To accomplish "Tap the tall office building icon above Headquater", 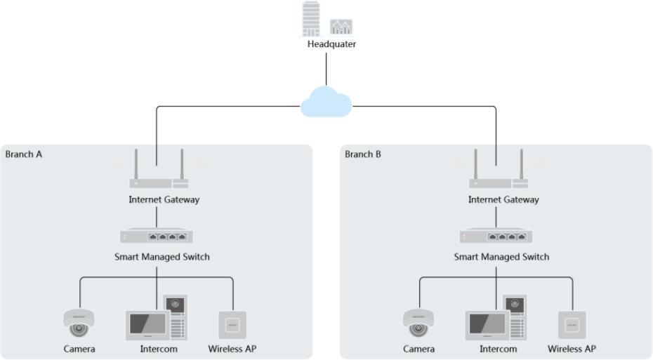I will click(309, 19).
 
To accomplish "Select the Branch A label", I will click(24, 154).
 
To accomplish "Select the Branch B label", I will click(363, 154).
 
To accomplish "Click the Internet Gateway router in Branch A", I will click(159, 181).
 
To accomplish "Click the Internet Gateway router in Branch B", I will click(499, 181).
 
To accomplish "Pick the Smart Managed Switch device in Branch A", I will click(157, 236).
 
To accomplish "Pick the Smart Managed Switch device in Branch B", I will click(496, 236).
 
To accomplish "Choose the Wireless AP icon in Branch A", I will click(233, 324).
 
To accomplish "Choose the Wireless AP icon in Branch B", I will click(572, 324).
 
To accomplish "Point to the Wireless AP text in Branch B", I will click(572, 349).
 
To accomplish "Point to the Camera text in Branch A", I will click(79, 349).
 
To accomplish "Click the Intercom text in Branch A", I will click(159, 349).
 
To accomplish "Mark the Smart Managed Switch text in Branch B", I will click(501, 257).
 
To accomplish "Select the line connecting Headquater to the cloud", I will click(326, 70).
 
